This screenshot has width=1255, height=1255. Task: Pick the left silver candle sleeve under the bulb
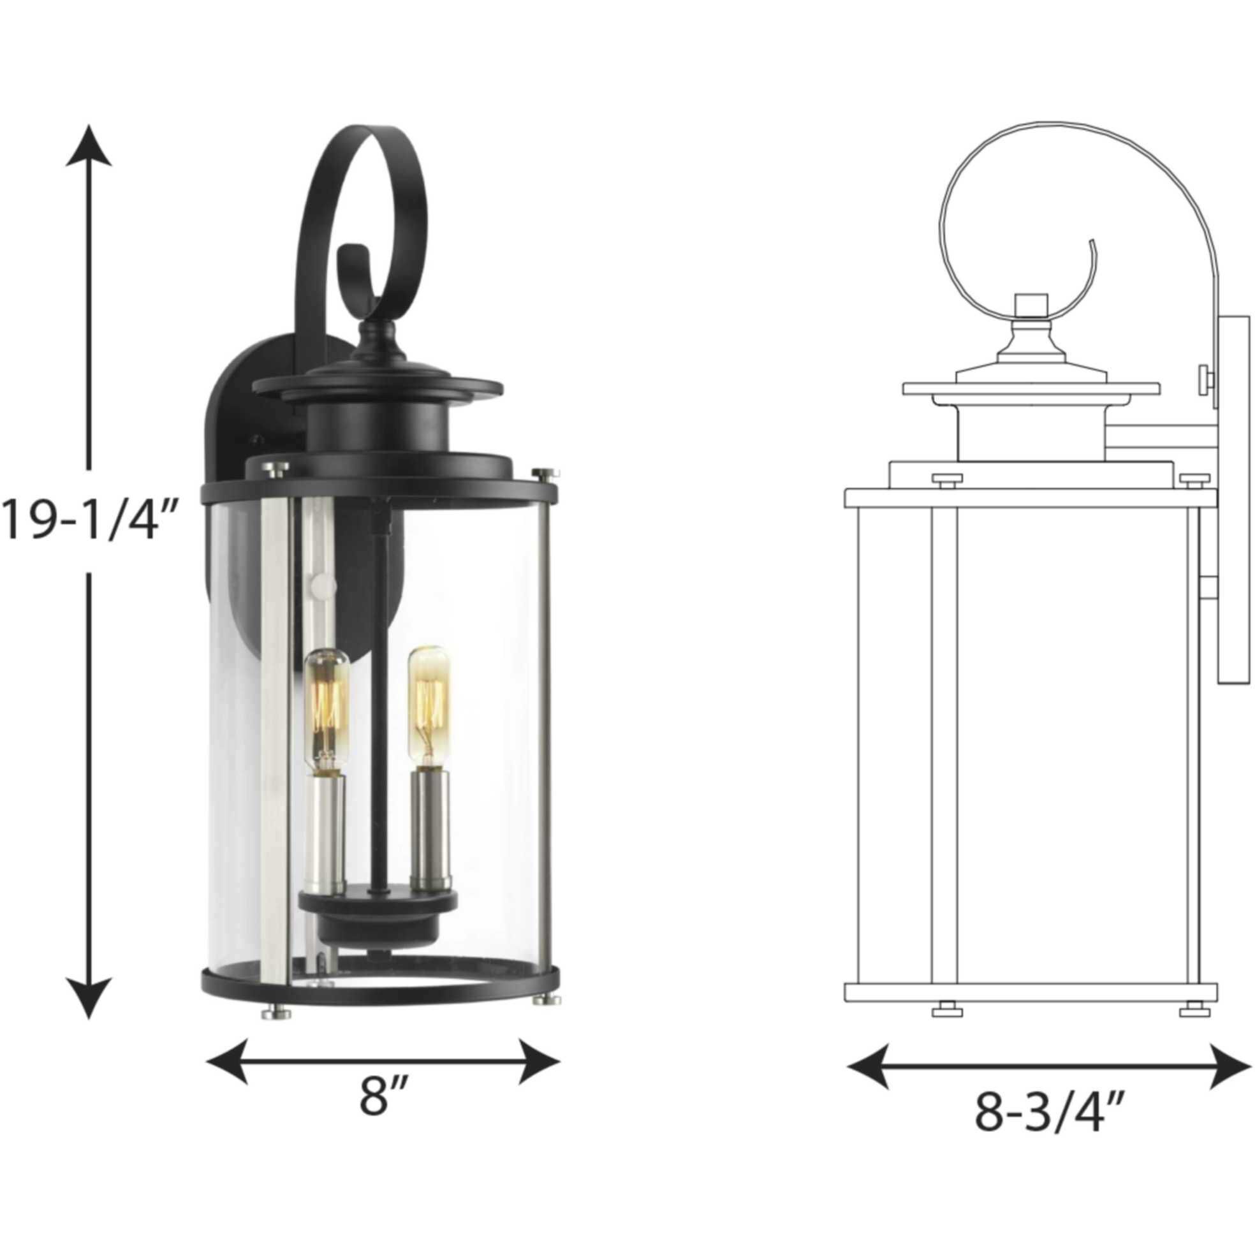[327, 835]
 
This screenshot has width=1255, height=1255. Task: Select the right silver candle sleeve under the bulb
[430, 828]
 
